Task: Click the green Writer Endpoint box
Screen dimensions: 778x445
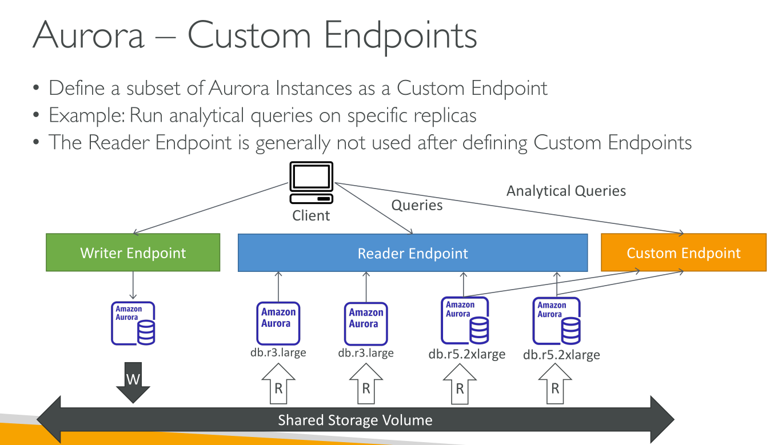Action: pyautogui.click(x=133, y=252)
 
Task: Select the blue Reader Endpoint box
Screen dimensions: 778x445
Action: pyautogui.click(x=413, y=252)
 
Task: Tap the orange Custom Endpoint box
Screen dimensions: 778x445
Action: pyautogui.click(x=684, y=252)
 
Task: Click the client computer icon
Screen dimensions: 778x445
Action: pyautogui.click(x=311, y=183)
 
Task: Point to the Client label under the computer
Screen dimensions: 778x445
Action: pyautogui.click(x=311, y=215)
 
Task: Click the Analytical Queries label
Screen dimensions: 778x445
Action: pyautogui.click(x=566, y=191)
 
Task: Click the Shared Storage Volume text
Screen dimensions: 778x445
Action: pyautogui.click(x=355, y=420)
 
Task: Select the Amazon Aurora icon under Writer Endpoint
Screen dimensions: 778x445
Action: pyautogui.click(x=133, y=323)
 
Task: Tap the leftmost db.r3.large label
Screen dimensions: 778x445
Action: pyautogui.click(x=278, y=352)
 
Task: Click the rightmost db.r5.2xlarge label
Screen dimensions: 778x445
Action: pyautogui.click(x=561, y=355)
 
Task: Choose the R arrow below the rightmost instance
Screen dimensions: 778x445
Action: pyautogui.click(x=555, y=384)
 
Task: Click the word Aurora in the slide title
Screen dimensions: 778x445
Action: pyautogui.click(x=88, y=35)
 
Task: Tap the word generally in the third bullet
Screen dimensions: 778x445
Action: pyautogui.click(x=293, y=143)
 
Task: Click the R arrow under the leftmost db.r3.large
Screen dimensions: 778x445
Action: pyautogui.click(x=278, y=384)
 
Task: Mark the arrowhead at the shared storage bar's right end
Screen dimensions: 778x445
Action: pyautogui.click(x=662, y=420)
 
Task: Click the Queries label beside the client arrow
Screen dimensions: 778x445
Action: pyautogui.click(x=417, y=206)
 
